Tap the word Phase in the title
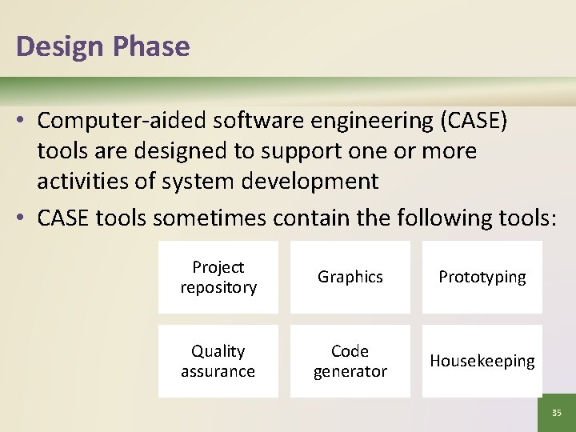coord(151,46)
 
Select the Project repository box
coord(218,277)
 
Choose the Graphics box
coord(350,277)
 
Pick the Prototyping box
coord(482,277)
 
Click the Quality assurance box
coord(218,361)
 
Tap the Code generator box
coord(350,361)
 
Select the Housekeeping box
coord(482,361)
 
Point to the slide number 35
coord(556,413)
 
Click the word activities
coord(86,182)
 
